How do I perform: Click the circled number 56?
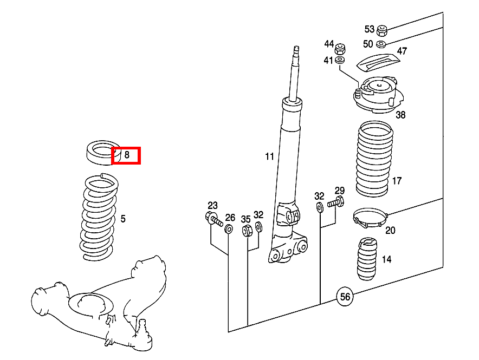pos(345,296)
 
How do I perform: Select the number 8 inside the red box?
pos(127,155)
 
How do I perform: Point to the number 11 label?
pos(269,157)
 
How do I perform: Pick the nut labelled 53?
pos(381,29)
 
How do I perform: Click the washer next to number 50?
pos(381,43)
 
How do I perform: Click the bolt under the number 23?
pos(213,219)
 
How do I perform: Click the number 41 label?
pos(329,60)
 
